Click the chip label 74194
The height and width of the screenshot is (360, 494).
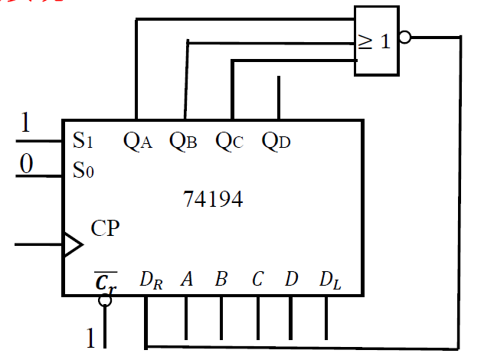tap(213, 200)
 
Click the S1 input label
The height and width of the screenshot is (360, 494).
tap(83, 140)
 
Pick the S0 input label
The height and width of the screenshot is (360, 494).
tap(83, 170)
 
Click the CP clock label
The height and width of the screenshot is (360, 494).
tap(105, 228)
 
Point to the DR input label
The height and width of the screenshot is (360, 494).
tap(150, 280)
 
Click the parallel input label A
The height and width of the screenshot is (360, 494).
tap(186, 280)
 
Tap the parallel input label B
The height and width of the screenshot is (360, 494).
tap(221, 280)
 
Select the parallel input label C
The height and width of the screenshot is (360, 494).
tap(257, 280)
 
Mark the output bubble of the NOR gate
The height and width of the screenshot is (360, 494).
tap(405, 36)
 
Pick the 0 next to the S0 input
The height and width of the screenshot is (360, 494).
tap(27, 164)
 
